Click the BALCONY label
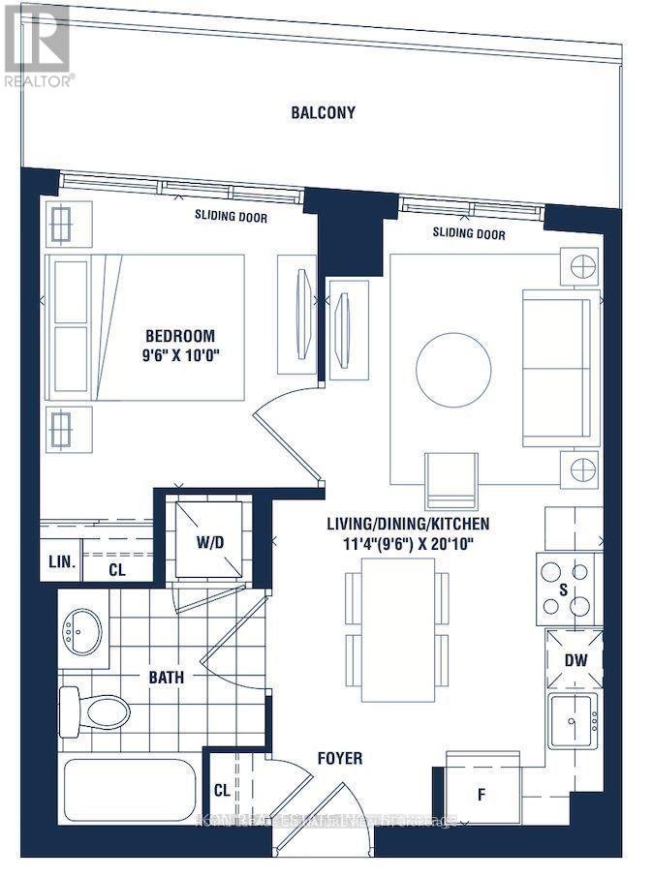323,112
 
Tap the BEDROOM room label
181,336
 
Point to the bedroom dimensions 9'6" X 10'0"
181,355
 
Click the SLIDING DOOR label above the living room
469,233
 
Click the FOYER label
339,758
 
